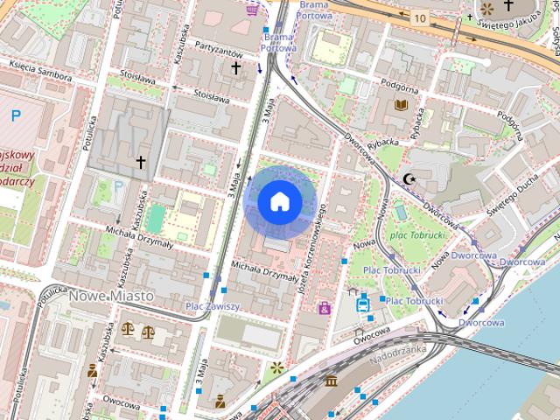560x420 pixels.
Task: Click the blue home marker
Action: coord(279,202)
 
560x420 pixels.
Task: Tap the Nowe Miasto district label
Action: coord(110,296)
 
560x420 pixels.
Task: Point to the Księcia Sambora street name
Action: coord(38,66)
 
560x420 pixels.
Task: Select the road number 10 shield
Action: coord(422,18)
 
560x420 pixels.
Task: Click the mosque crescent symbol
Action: coord(409,178)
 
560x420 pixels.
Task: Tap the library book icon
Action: coord(401,105)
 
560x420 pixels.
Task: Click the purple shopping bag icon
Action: coord(324,308)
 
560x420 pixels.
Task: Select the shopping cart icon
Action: coord(254,10)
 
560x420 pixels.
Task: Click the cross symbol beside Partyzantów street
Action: coord(234,67)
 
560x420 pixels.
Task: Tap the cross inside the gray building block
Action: coord(140,162)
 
